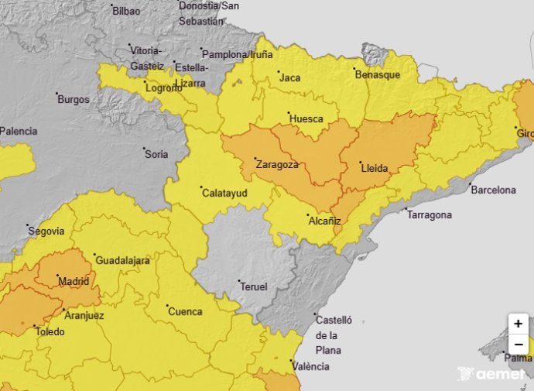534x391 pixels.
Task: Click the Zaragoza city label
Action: click(278, 165)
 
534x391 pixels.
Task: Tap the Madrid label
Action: click(74, 281)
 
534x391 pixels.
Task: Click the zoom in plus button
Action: click(518, 324)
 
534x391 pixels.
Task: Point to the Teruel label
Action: click(253, 286)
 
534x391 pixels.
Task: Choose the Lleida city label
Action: click(375, 168)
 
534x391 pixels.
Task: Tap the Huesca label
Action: click(306, 119)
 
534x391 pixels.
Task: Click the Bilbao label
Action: click(126, 11)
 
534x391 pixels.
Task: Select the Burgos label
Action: click(74, 100)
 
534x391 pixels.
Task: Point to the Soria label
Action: click(156, 154)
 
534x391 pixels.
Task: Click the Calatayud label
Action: click(225, 192)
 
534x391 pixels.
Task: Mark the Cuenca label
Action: click(185, 312)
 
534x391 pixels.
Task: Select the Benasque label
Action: click(377, 75)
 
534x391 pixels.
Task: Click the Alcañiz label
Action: click(325, 221)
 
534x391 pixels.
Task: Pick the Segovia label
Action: click(46, 231)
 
